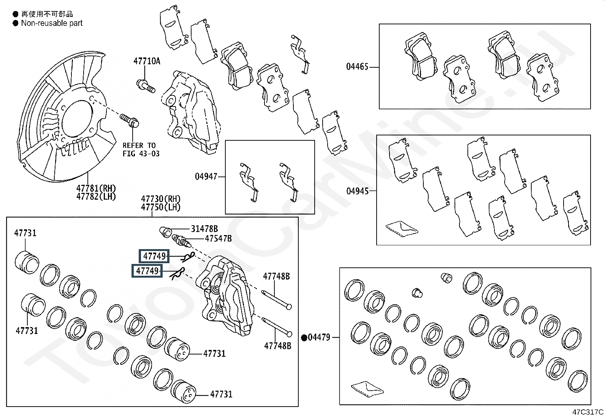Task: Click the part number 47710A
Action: pyautogui.click(x=147, y=61)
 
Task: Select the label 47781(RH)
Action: pyautogui.click(x=96, y=188)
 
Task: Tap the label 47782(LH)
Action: pyautogui.click(x=96, y=196)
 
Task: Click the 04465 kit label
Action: pyautogui.click(x=357, y=67)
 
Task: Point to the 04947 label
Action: pyautogui.click(x=206, y=176)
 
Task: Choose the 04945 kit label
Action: pyautogui.click(x=357, y=191)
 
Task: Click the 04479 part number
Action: pyautogui.click(x=319, y=337)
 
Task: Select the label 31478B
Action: pyautogui.click(x=204, y=229)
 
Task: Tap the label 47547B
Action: pyautogui.click(x=218, y=238)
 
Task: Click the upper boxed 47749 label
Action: pyautogui.click(x=154, y=256)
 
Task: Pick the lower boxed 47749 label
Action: pyautogui.click(x=147, y=271)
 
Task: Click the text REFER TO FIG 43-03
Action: pyautogui.click(x=141, y=149)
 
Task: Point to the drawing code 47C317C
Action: pyautogui.click(x=588, y=412)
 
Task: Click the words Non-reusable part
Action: pyautogui.click(x=52, y=23)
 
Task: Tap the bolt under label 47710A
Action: pyautogui.click(x=146, y=86)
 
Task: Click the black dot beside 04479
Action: pyautogui.click(x=304, y=337)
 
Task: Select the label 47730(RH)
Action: pyautogui.click(x=160, y=199)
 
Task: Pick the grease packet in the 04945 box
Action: pyautogui.click(x=402, y=229)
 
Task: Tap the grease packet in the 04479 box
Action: pyautogui.click(x=367, y=389)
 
